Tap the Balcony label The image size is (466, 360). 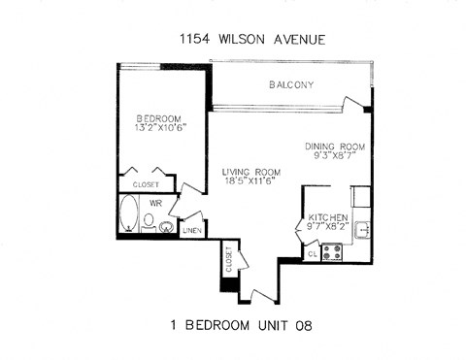pos(290,85)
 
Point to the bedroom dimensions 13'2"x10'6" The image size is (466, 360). pos(160,125)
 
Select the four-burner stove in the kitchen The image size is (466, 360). pos(331,250)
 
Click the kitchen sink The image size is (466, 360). pos(361,230)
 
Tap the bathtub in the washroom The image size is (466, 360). pos(127,214)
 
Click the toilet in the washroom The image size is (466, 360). pos(149,220)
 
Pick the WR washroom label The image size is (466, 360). pos(155,203)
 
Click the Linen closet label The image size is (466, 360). pos(191,231)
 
